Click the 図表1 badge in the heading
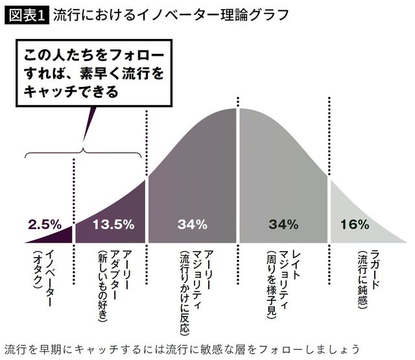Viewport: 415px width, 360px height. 25,14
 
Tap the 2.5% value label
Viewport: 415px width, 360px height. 44,224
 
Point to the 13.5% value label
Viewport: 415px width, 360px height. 113,224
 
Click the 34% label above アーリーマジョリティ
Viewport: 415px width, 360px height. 193,224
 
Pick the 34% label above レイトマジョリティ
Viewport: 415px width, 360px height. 283,224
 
